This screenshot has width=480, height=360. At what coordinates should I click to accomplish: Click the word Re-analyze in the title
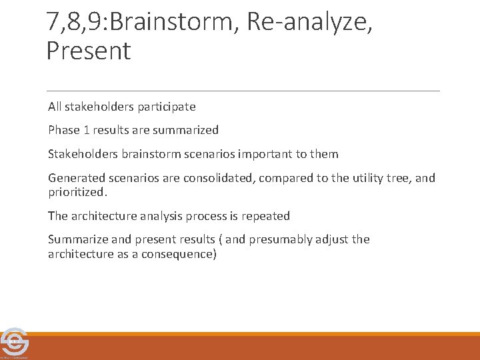(x=306, y=22)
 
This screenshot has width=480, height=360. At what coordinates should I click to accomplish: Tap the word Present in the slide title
(x=89, y=51)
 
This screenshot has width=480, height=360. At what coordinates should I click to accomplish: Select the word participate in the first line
(x=165, y=106)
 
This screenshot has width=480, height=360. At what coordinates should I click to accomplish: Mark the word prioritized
(x=77, y=192)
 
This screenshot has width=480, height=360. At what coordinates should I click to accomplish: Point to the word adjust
(x=335, y=239)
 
